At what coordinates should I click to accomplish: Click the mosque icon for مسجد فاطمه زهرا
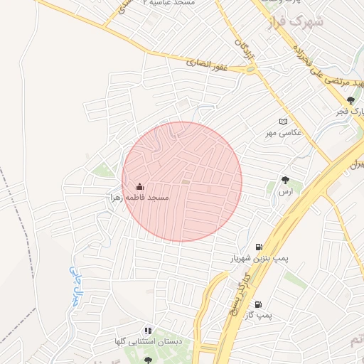pyautogui.click(x=140, y=187)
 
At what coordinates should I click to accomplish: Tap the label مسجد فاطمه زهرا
pyautogui.click(x=139, y=197)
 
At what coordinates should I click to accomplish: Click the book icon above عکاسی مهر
pyautogui.click(x=284, y=122)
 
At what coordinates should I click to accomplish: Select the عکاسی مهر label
pyautogui.click(x=284, y=132)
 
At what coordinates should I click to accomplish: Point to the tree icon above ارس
pyautogui.click(x=286, y=181)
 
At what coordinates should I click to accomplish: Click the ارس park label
pyautogui.click(x=286, y=192)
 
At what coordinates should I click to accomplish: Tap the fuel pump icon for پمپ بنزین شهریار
pyautogui.click(x=257, y=247)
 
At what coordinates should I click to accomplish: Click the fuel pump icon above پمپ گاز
pyautogui.click(x=257, y=304)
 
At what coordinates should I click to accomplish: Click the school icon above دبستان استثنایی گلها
pyautogui.click(x=148, y=331)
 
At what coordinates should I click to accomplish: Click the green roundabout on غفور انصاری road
pyautogui.click(x=250, y=70)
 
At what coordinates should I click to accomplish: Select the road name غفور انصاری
pyautogui.click(x=208, y=64)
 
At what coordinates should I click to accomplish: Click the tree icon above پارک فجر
pyautogui.click(x=350, y=101)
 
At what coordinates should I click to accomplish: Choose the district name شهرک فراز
pyautogui.click(x=294, y=23)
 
